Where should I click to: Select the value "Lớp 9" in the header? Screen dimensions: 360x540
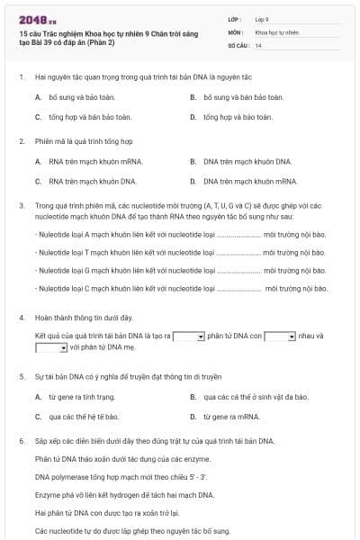click(262, 18)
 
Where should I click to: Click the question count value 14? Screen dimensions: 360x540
click(258, 44)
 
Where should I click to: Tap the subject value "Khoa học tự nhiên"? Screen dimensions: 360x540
click(276, 31)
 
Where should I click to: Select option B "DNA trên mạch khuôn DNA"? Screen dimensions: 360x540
click(235, 162)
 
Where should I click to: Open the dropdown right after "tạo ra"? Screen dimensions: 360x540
click(189, 336)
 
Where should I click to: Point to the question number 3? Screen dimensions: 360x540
click(21, 206)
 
